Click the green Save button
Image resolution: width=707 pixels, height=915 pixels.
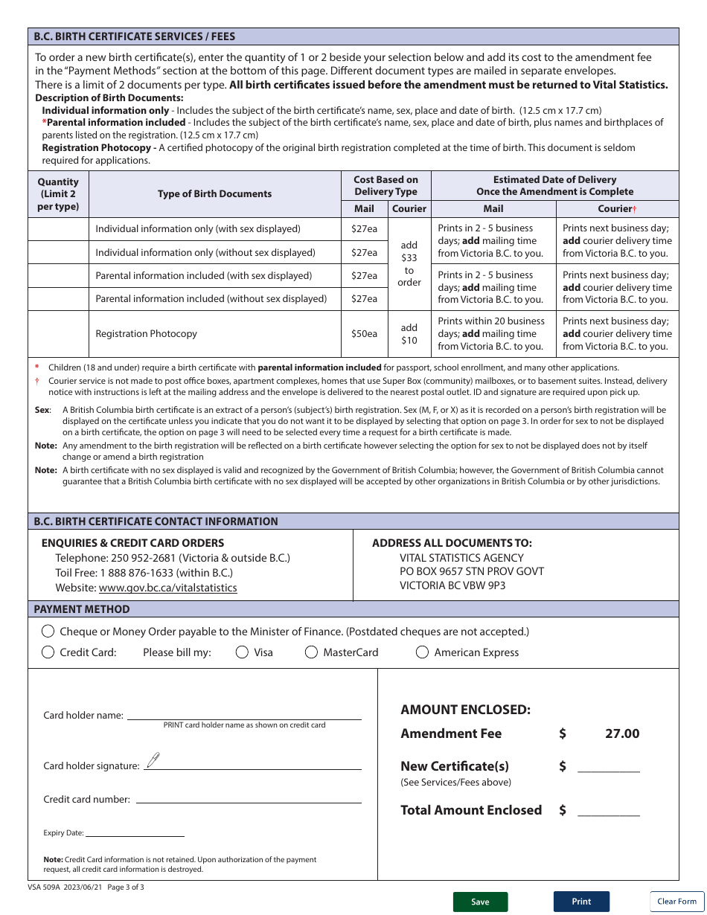click(480, 902)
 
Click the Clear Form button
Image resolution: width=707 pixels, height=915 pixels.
click(676, 901)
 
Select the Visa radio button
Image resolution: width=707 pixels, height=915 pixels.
click(242, 652)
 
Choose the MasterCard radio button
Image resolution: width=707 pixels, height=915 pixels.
click(312, 652)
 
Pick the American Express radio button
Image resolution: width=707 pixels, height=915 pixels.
click(422, 652)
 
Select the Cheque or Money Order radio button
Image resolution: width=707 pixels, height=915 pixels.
click(48, 632)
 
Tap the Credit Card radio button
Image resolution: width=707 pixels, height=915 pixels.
click(48, 652)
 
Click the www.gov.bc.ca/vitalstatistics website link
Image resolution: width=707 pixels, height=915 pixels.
click(167, 588)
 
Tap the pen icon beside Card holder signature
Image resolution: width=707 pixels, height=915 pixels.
click(153, 760)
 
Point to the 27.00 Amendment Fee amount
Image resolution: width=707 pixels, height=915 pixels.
click(621, 733)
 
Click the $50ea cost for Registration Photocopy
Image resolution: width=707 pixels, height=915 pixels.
click(364, 334)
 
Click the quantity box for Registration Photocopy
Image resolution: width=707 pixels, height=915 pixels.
click(58, 334)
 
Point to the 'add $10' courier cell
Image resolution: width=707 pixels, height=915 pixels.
click(409, 334)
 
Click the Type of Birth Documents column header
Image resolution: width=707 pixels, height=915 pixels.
click(214, 194)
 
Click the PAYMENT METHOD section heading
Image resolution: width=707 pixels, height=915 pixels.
click(82, 609)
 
